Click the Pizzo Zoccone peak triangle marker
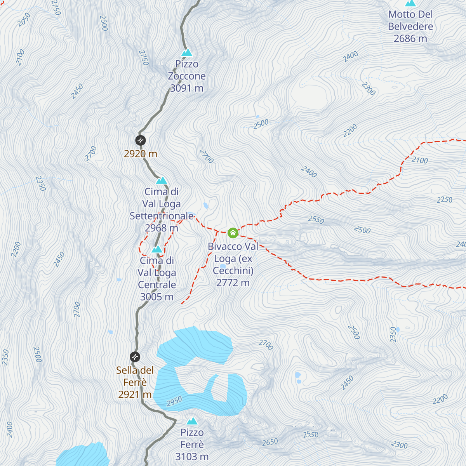[x=187, y=52]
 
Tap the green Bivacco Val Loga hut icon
[x=233, y=233]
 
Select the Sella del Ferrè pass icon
[x=135, y=356]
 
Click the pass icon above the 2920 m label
[x=140, y=140]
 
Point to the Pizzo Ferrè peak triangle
[x=192, y=421]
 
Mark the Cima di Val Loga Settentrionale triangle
[x=162, y=181]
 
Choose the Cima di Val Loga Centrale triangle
[x=157, y=249]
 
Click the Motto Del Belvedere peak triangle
[x=410, y=3]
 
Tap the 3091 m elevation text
[x=187, y=88]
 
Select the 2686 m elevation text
[x=410, y=38]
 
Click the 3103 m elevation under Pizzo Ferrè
[x=192, y=457]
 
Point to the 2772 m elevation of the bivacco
[x=233, y=283]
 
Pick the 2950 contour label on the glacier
[x=174, y=402]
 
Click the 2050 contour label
[x=24, y=20]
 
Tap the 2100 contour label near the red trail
[x=420, y=160]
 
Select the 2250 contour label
[x=444, y=200]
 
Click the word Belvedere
[x=410, y=26]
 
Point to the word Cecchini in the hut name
[x=233, y=271]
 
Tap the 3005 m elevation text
[x=157, y=297]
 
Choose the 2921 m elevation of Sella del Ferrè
[x=135, y=395]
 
